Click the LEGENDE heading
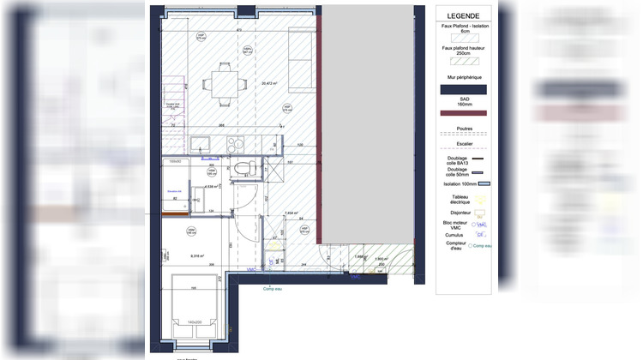click(x=463, y=15)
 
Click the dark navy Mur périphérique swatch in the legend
click(x=463, y=89)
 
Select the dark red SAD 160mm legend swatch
click(x=463, y=113)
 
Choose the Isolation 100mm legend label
click(x=458, y=183)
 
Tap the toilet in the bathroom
click(x=243, y=167)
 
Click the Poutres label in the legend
click(x=463, y=129)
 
